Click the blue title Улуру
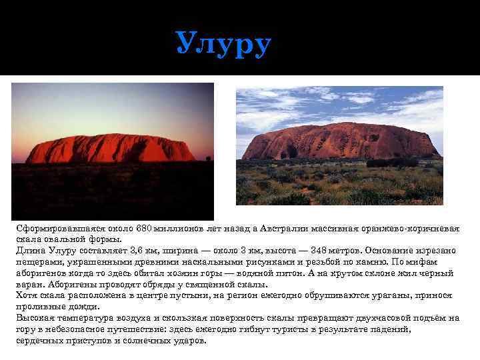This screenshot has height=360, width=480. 224,44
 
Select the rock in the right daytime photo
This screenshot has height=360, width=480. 340,141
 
